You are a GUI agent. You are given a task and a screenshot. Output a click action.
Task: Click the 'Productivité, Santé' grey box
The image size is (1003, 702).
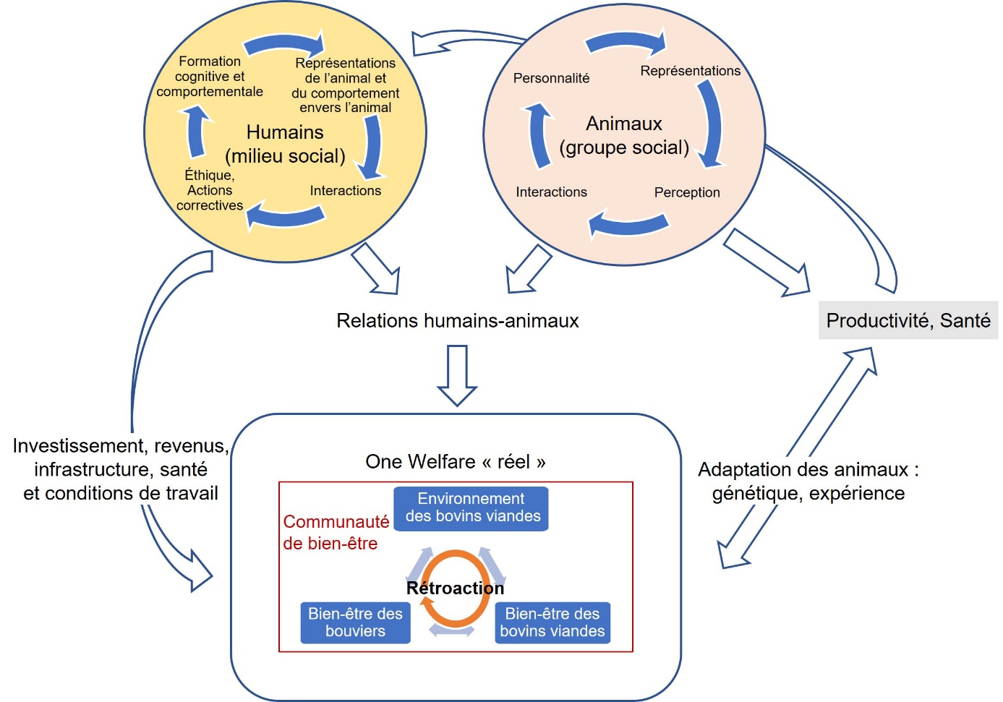[x=908, y=320]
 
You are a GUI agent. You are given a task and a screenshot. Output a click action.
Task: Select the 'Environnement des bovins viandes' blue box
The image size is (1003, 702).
[x=471, y=508]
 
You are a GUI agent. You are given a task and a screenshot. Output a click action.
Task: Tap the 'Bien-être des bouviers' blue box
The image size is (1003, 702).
[x=355, y=622]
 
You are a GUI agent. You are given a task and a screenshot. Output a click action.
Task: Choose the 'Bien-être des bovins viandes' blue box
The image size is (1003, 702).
[x=552, y=622]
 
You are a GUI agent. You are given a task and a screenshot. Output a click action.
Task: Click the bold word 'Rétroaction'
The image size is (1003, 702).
[x=455, y=588]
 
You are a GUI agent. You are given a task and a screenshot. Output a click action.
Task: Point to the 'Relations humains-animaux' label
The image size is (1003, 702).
[x=457, y=320]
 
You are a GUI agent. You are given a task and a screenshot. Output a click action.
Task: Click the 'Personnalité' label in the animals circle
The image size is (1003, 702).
[x=551, y=78]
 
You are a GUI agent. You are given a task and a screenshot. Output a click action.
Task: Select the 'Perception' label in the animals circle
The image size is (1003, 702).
[x=687, y=192]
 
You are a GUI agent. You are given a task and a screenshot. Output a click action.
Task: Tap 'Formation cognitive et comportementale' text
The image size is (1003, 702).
[x=210, y=77]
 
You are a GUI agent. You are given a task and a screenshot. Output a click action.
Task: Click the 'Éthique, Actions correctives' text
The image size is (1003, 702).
[x=210, y=190]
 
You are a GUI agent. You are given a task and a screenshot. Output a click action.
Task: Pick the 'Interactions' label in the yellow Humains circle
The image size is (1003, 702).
[x=345, y=191]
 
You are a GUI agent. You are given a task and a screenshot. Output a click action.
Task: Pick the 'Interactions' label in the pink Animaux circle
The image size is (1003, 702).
[x=551, y=192]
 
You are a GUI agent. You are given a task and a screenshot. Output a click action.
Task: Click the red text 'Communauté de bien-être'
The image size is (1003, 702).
[x=335, y=532]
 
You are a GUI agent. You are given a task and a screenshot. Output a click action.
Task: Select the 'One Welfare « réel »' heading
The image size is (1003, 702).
[x=456, y=461]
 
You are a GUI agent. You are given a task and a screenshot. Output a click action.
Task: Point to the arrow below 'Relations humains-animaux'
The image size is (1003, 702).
[x=457, y=374]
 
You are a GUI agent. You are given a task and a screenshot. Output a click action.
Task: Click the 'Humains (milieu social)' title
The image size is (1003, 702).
[x=285, y=144]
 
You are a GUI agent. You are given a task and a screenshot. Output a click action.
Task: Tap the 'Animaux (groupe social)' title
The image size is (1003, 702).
[x=624, y=135]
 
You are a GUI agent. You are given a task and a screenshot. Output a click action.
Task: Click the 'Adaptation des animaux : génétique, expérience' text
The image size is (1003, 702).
[x=808, y=481]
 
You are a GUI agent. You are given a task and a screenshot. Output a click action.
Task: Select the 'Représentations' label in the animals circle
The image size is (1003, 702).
[x=690, y=71]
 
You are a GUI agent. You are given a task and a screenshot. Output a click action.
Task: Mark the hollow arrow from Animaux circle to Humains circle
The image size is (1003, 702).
[x=463, y=41]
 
